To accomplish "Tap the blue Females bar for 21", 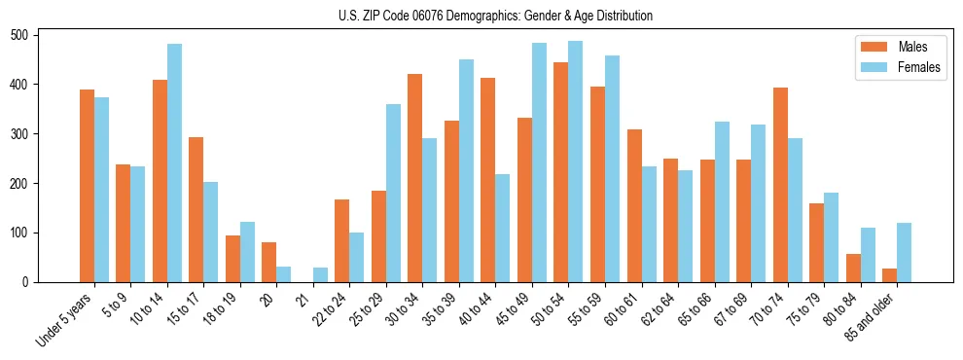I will pos(320,274).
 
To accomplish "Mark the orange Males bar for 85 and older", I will pos(889,275).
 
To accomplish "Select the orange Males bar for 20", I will pos(269,263).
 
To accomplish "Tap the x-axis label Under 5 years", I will pos(65,318).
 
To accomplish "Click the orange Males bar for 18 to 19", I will pos(232,259).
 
